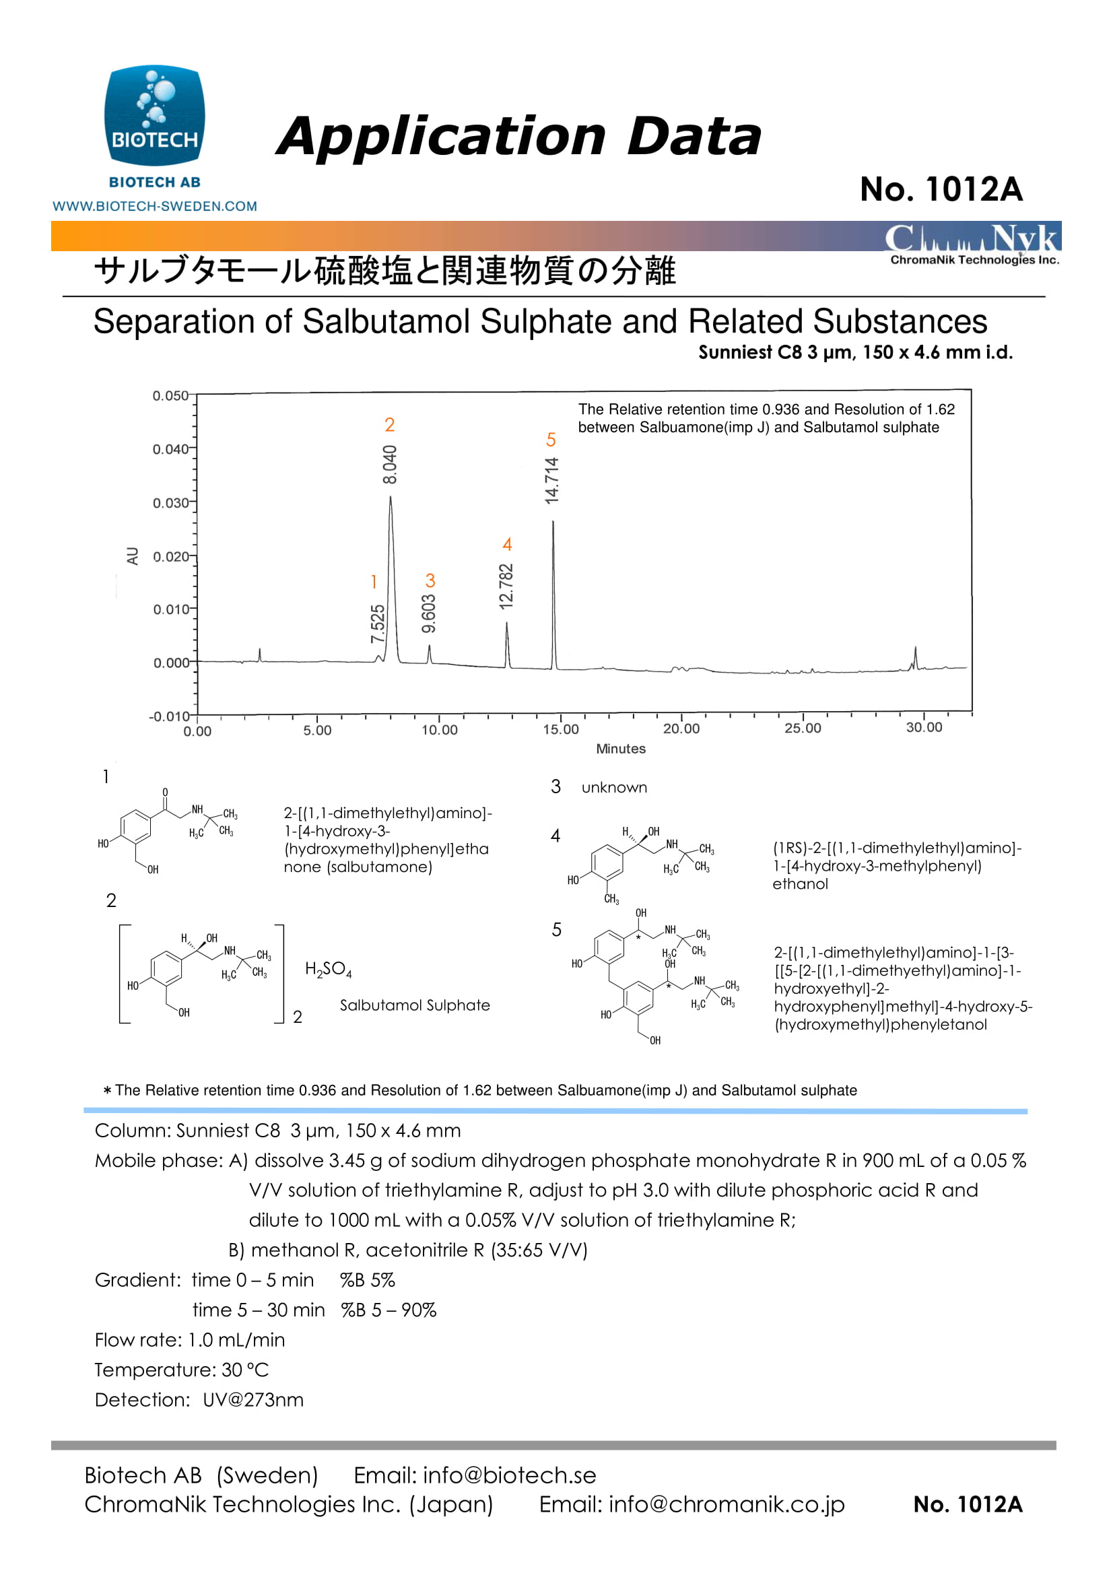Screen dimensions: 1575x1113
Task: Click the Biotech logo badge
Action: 154,116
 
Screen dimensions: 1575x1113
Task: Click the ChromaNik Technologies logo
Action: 973,244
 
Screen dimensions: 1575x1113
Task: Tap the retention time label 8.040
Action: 389,464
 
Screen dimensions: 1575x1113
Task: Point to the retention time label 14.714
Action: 552,480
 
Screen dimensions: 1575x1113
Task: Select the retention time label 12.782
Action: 506,587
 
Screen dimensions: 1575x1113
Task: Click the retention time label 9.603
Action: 429,613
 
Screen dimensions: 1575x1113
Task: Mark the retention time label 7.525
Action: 378,624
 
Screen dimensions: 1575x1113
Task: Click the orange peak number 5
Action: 551,440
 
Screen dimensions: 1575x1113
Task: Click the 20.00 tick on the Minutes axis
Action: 681,729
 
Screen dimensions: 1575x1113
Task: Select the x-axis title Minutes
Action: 621,748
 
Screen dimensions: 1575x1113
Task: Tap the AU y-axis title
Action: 133,556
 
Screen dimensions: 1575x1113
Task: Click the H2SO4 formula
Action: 329,969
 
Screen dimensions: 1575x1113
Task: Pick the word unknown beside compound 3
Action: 614,788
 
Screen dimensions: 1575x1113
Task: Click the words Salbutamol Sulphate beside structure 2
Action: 415,1005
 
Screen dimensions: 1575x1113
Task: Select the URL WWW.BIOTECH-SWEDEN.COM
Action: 155,206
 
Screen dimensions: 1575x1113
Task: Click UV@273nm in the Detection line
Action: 253,1399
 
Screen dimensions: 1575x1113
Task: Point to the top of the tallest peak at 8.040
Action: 391,497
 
